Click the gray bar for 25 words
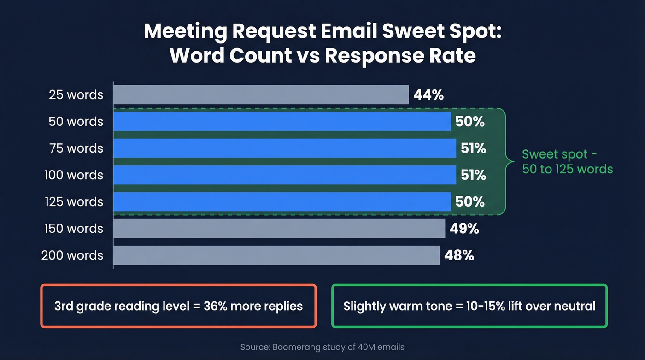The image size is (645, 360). pyautogui.click(x=261, y=95)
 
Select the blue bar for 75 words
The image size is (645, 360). pyautogui.click(x=284, y=148)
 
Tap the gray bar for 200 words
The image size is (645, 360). pyautogui.click(x=276, y=255)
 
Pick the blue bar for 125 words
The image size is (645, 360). pyautogui.click(x=281, y=202)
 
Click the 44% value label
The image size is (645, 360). pyautogui.click(x=428, y=95)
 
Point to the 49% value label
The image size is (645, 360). pyautogui.click(x=464, y=229)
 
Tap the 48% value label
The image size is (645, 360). pyautogui.click(x=459, y=255)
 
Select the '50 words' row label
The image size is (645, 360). pyautogui.click(x=76, y=122)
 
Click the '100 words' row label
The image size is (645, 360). pyautogui.click(x=74, y=175)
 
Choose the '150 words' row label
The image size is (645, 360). pyautogui.click(x=74, y=229)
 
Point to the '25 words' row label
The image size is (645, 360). pyautogui.click(x=76, y=95)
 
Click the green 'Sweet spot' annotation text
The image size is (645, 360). pyautogui.click(x=567, y=161)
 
